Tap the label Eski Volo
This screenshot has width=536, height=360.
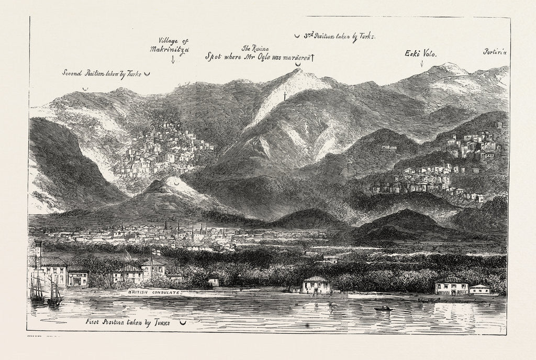coord(421,53)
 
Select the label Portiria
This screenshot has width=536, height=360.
coord(495,52)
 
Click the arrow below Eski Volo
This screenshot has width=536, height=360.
coord(422,64)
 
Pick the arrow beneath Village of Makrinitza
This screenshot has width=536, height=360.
coord(173,59)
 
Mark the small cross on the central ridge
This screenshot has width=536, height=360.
coord(285,95)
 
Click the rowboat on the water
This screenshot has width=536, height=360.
coord(383,309)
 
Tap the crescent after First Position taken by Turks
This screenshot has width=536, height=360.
coord(182,323)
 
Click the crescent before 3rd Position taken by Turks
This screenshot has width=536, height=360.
coord(297,36)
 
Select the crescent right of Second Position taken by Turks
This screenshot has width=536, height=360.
coord(147,74)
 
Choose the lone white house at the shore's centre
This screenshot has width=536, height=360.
coord(317,285)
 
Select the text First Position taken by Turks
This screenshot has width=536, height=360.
coord(128,322)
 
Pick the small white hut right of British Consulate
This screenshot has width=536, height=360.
coord(213,282)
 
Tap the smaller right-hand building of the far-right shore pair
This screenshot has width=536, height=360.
coord(479,289)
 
